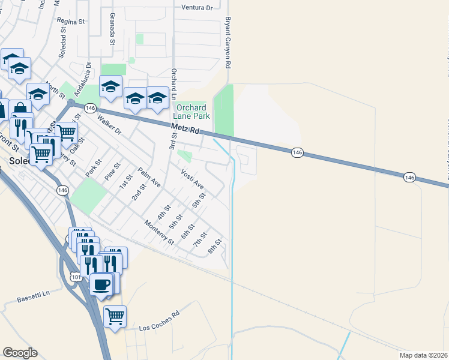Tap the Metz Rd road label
(185, 129)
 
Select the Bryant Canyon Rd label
(228, 42)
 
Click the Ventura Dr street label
(197, 8)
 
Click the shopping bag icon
(20, 109)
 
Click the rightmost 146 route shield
(409, 177)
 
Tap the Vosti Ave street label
(193, 179)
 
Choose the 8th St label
(215, 246)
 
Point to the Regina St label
(71, 20)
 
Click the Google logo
(20, 353)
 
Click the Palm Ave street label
(149, 178)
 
